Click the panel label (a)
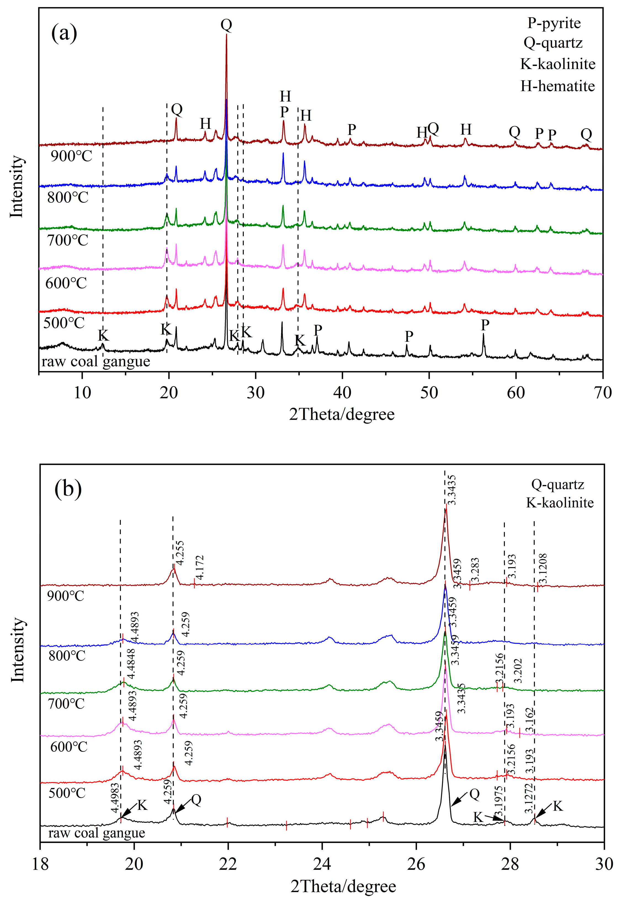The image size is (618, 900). pyautogui.click(x=64, y=33)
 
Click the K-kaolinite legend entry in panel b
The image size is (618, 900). pyautogui.click(x=559, y=503)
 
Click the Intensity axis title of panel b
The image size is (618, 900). pyautogui.click(x=17, y=651)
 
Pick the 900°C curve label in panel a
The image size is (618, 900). pyautogui.click(x=71, y=156)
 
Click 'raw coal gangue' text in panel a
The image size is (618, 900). pyautogui.click(x=96, y=361)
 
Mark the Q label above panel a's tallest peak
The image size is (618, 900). pyautogui.click(x=226, y=25)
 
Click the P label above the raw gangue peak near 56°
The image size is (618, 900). pyautogui.click(x=485, y=325)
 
